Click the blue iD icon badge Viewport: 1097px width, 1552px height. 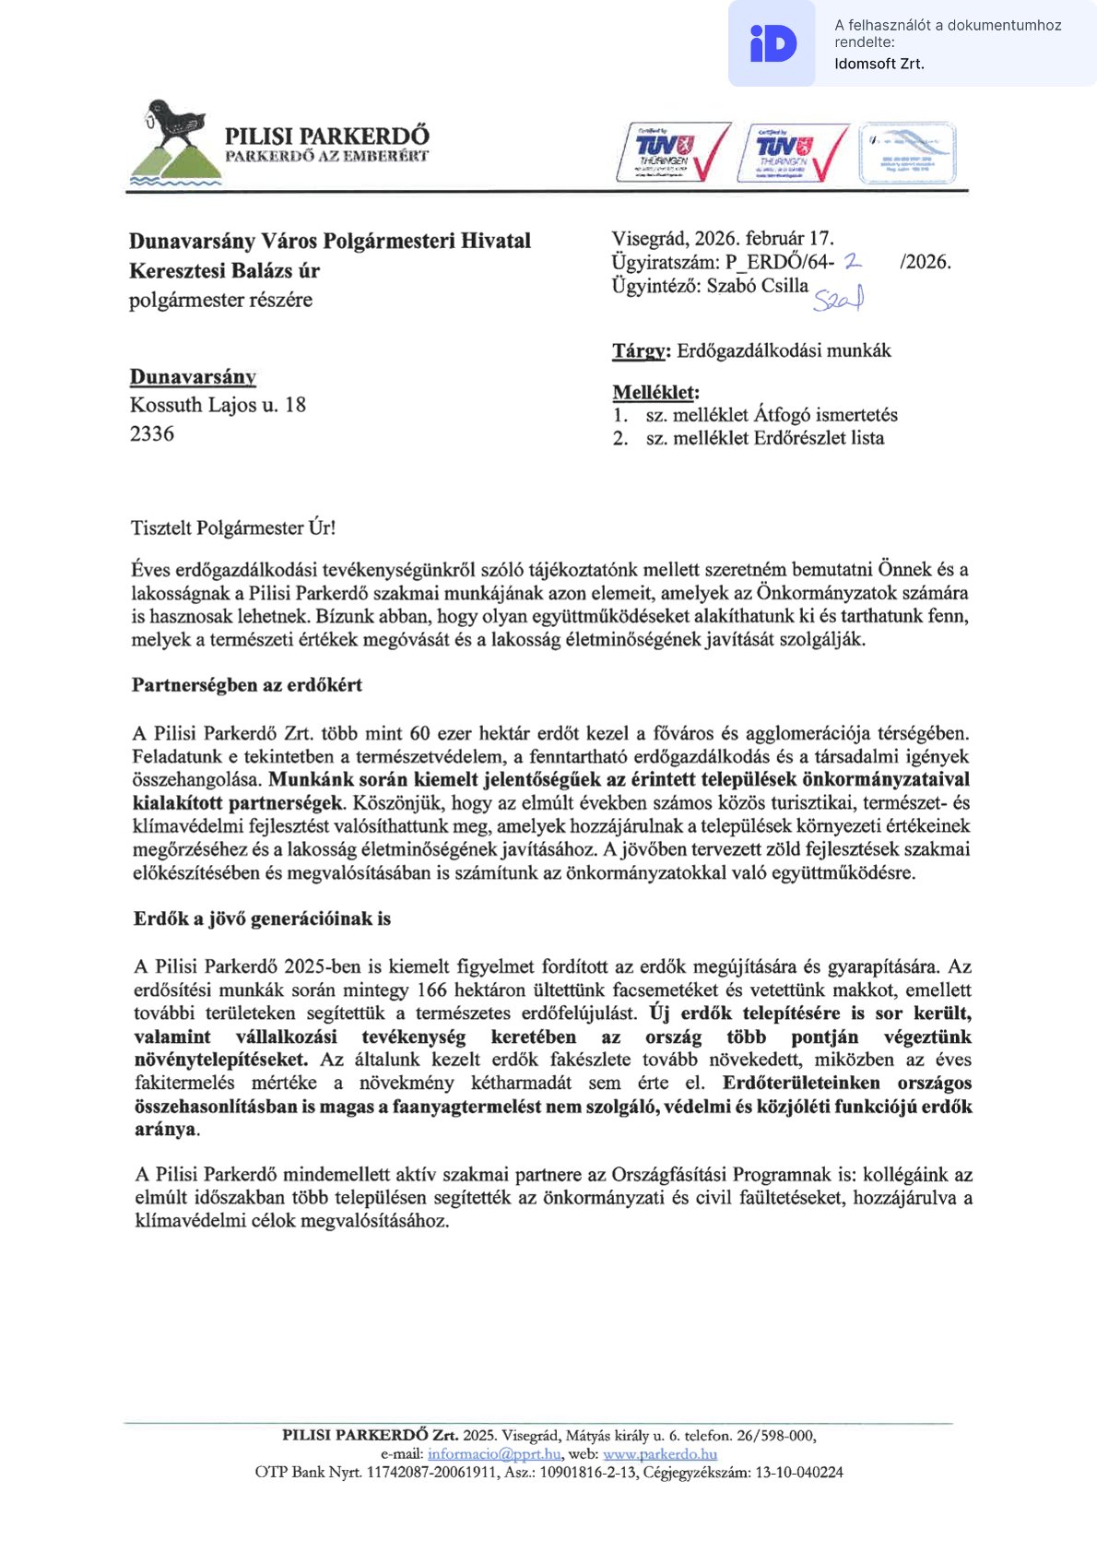tap(773, 43)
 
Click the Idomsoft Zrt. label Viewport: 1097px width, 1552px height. tap(879, 64)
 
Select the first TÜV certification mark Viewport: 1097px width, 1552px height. tap(673, 152)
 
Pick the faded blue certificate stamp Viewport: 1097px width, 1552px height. tap(907, 152)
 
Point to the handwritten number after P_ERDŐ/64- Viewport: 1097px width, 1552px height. tap(853, 262)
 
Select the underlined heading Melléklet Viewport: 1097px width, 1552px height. tap(655, 392)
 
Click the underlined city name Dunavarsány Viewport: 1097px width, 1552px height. tap(193, 376)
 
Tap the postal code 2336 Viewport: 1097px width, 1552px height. tap(152, 433)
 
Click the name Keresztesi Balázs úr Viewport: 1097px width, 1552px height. tap(224, 270)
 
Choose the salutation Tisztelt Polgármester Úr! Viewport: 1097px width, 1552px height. tap(233, 528)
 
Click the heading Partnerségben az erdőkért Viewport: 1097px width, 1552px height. tap(247, 685)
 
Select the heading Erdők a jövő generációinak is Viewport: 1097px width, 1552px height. tap(262, 918)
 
